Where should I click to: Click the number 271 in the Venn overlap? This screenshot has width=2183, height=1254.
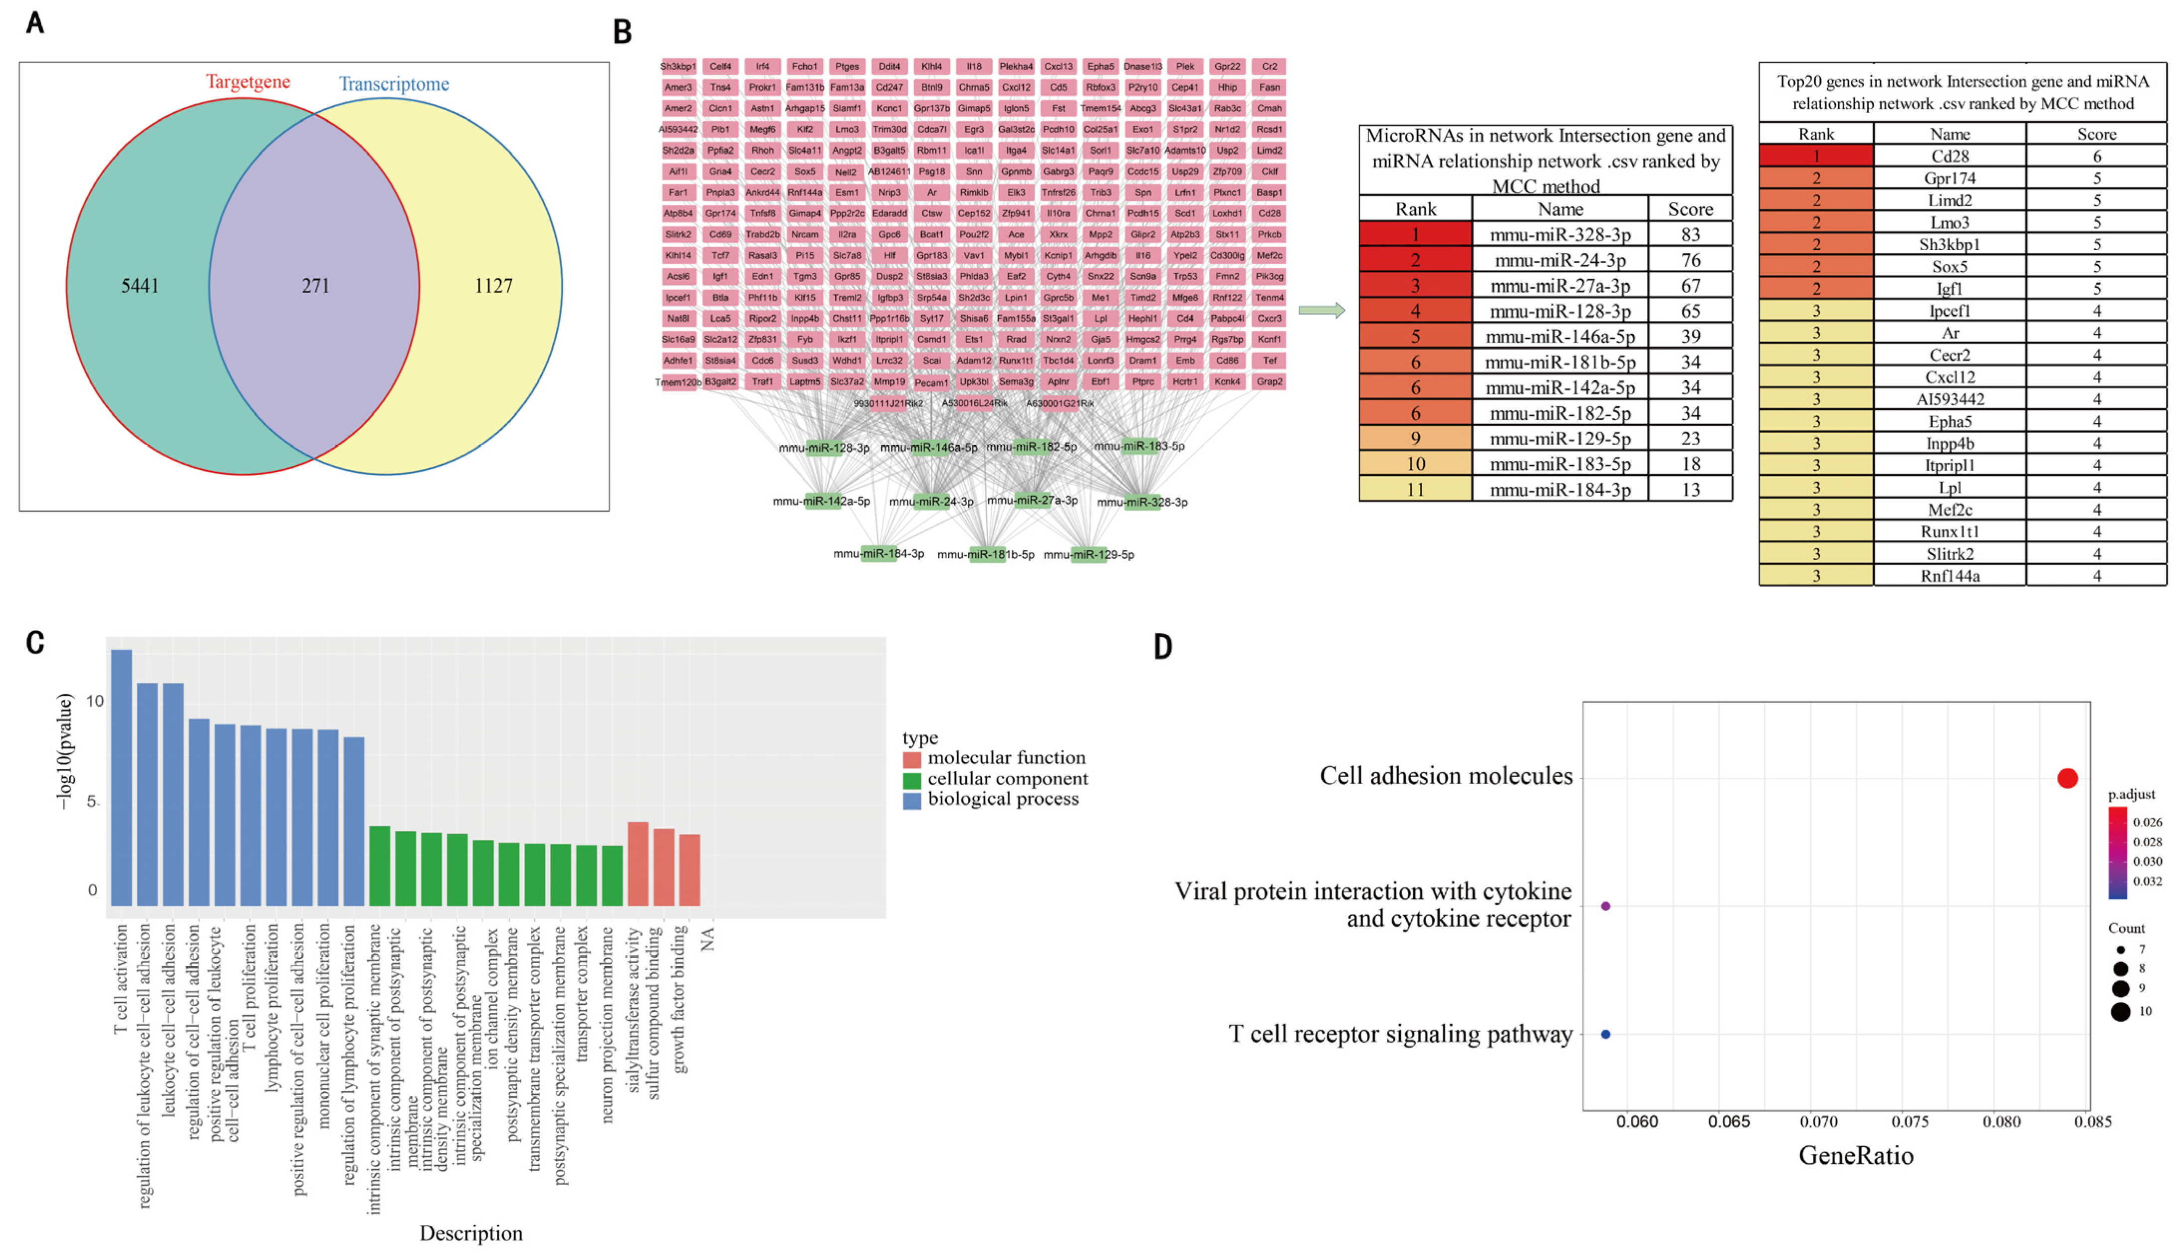pyautogui.click(x=315, y=286)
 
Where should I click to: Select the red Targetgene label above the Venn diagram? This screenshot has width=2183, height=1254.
pyautogui.click(x=247, y=82)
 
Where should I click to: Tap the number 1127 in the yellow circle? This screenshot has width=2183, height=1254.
pyautogui.click(x=494, y=286)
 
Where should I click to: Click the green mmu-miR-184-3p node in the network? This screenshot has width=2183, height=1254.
pyautogui.click(x=878, y=554)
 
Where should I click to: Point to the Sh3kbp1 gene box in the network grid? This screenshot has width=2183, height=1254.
pyautogui.click(x=678, y=66)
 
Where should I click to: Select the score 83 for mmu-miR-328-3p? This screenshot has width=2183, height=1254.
pyautogui.click(x=1690, y=234)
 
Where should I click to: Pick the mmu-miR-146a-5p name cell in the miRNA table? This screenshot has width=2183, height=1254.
pyautogui.click(x=1560, y=337)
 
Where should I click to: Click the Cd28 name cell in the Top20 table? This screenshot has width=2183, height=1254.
pyautogui.click(x=1950, y=156)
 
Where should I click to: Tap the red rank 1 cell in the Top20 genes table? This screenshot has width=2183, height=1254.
pyautogui.click(x=1816, y=156)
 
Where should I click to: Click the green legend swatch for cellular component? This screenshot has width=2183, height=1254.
pyautogui.click(x=911, y=779)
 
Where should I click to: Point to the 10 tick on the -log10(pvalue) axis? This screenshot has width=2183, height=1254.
pyautogui.click(x=95, y=701)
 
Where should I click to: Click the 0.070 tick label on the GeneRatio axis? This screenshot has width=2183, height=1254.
pyautogui.click(x=1819, y=1121)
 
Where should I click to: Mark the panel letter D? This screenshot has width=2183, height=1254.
pyautogui.click(x=1163, y=646)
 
